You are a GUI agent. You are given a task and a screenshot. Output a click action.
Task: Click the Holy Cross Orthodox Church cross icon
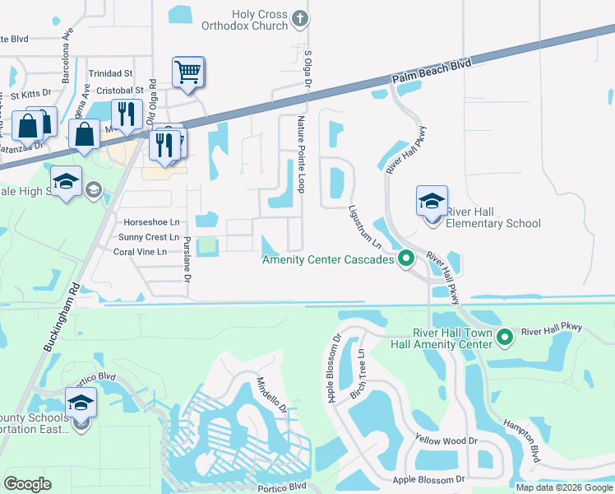click(300, 17)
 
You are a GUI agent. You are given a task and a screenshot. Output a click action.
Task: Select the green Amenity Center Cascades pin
click(405, 260)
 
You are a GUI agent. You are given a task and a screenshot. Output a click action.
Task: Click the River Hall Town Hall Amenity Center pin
click(506, 336)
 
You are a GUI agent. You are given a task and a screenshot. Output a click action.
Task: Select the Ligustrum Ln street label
click(365, 228)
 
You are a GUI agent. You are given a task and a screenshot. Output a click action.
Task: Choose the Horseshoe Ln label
click(150, 223)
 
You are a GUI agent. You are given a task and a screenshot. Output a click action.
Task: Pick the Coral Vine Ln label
click(140, 252)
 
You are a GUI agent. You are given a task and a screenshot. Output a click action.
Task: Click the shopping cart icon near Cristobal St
click(188, 72)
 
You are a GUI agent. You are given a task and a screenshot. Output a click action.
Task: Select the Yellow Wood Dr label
click(446, 440)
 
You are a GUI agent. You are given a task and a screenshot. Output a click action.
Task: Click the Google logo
click(28, 484)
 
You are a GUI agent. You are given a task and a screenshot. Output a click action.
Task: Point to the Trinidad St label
click(110, 73)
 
